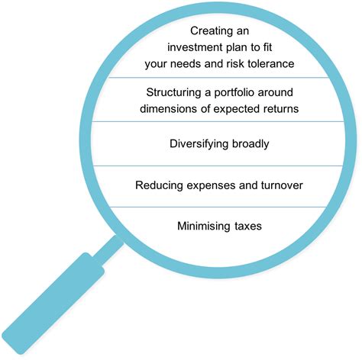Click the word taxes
(x=248, y=227)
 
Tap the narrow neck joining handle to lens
(x=108, y=250)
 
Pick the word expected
(x=233, y=109)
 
